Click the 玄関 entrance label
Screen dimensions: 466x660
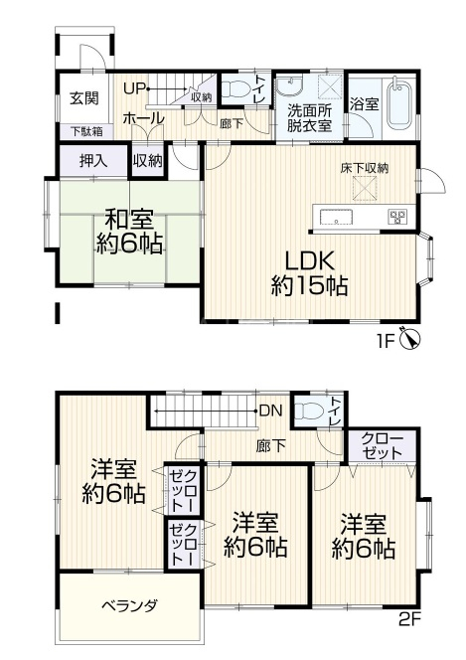(x=84, y=98)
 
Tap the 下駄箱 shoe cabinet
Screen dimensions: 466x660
(x=86, y=131)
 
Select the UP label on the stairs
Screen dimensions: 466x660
(x=134, y=88)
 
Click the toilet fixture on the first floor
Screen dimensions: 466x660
(x=235, y=89)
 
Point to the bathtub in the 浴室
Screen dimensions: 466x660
(x=398, y=104)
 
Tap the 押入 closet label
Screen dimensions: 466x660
(x=93, y=161)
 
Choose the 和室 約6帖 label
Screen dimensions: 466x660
(x=129, y=232)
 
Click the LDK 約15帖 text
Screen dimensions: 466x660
(x=310, y=272)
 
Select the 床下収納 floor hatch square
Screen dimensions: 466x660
(x=365, y=190)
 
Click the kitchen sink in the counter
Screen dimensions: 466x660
(x=336, y=218)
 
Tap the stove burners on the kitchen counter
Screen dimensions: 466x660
(x=398, y=216)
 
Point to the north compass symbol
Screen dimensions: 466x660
(x=411, y=339)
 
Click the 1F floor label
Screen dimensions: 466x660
(x=387, y=340)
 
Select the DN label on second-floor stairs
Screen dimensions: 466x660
(x=271, y=411)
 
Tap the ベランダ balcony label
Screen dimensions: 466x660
(x=129, y=606)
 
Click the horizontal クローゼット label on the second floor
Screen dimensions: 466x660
(x=382, y=445)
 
